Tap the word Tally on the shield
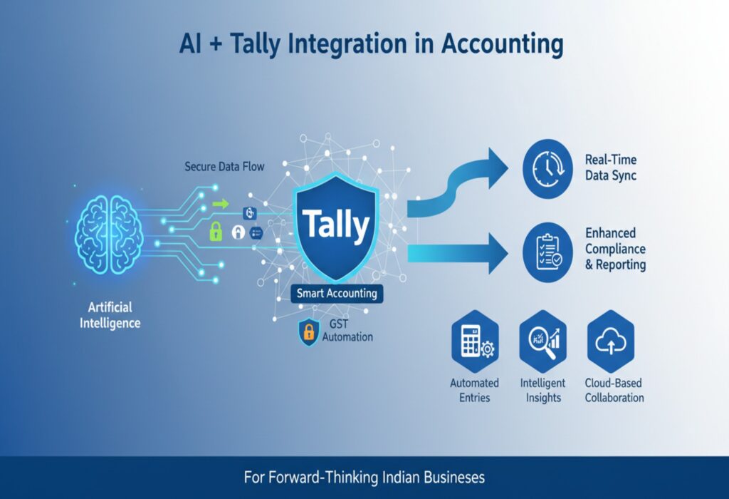click(337, 226)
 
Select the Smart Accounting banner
click(337, 293)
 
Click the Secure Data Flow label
click(224, 167)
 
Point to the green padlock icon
click(215, 231)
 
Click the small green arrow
click(221, 204)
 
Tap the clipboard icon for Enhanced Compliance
click(547, 249)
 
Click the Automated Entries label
click(475, 390)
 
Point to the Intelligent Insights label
click(543, 390)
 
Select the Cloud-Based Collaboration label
click(614, 390)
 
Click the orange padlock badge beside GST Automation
click(308, 331)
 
